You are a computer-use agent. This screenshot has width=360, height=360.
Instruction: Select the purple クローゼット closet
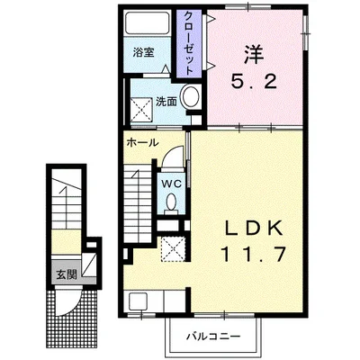[192, 43]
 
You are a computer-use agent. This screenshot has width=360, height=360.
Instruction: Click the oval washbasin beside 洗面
[192, 100]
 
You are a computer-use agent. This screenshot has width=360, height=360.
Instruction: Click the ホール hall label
[142, 142]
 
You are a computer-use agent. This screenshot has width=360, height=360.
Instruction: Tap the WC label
[171, 181]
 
